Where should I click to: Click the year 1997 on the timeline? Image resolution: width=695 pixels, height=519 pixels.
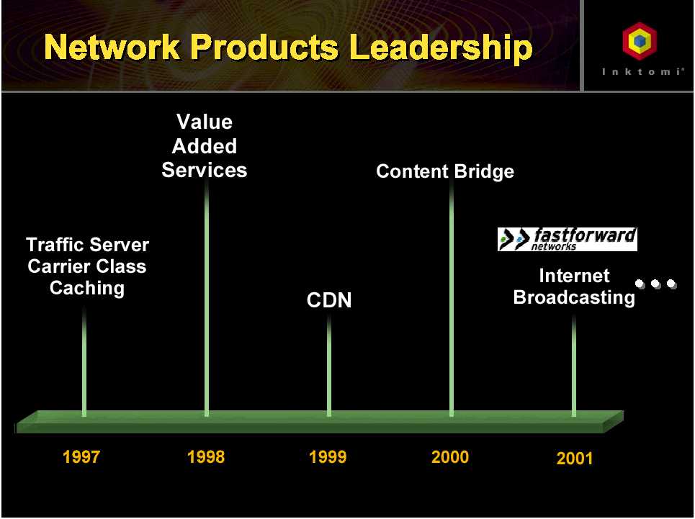(81, 456)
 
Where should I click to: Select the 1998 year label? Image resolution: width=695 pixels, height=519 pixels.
(206, 456)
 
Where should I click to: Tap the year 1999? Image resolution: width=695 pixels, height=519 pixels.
(328, 456)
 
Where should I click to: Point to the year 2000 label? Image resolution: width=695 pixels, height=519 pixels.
(450, 456)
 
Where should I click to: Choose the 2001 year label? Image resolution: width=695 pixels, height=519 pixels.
(575, 458)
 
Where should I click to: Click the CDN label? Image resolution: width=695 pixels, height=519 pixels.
(329, 299)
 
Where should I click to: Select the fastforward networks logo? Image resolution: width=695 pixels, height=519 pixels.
(568, 239)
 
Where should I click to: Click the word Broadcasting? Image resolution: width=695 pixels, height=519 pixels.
(574, 297)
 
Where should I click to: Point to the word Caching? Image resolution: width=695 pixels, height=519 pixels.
(87, 288)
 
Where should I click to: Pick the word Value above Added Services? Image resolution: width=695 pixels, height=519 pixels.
(205, 122)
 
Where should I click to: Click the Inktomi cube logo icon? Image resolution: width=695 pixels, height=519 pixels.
(639, 41)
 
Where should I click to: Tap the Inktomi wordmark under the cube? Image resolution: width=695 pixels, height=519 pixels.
(642, 71)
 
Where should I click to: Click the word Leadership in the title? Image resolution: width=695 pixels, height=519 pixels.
(441, 48)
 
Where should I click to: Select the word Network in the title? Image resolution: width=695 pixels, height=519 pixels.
(112, 47)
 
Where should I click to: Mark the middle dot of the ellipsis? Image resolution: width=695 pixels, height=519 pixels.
(655, 284)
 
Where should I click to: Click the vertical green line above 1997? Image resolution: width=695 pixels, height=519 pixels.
(84, 361)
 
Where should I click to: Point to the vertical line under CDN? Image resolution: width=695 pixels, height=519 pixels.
(329, 366)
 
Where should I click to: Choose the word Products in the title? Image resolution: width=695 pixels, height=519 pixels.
(264, 47)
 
